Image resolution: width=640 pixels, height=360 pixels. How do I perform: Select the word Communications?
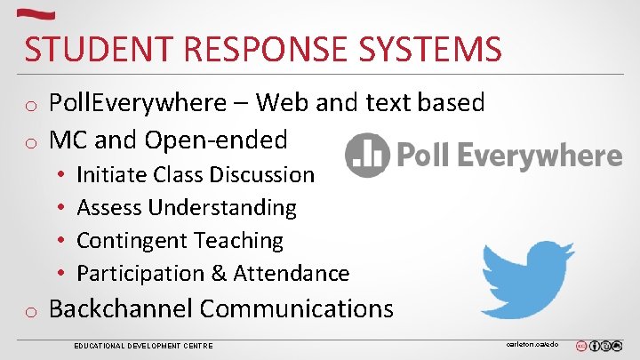(296, 308)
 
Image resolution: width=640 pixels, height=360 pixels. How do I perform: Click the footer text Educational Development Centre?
(143, 345)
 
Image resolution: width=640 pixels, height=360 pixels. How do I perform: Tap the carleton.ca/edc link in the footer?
(532, 341)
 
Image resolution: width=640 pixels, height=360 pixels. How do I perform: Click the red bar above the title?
(36, 13)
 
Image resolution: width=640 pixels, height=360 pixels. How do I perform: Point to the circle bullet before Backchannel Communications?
(30, 311)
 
